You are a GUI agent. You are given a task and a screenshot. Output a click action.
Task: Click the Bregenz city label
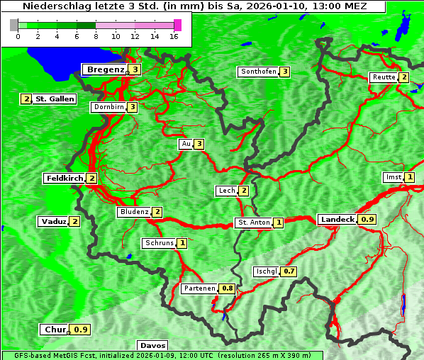coord(105,69)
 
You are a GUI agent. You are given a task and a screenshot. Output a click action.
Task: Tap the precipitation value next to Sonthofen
coord(284,72)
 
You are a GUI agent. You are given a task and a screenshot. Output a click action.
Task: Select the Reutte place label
coord(383,77)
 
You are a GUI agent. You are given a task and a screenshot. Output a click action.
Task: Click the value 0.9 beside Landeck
coord(367,220)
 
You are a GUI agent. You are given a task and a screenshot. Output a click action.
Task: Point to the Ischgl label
coord(266,271)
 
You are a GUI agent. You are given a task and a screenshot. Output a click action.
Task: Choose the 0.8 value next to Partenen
coord(228,288)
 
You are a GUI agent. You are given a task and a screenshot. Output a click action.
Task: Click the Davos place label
coord(152,346)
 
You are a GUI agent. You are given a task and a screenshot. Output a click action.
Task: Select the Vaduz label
coord(53,222)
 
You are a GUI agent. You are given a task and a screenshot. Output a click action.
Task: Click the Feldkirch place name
coord(65,179)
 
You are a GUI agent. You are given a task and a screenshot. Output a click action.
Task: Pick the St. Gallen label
coord(55,99)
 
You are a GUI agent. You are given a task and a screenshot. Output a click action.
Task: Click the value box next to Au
coord(199,145)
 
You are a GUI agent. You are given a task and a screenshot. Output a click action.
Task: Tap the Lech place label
coord(226,191)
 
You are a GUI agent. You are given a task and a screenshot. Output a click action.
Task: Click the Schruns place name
coord(159,244)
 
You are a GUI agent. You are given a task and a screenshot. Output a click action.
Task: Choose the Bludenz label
coord(134,212)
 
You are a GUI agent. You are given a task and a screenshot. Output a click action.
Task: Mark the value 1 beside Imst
coord(409,177)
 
